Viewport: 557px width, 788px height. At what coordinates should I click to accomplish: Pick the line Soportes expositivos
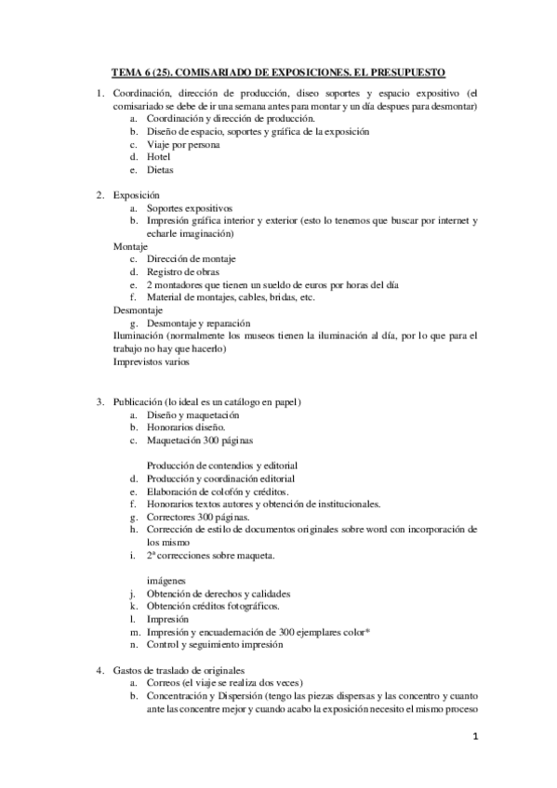point(189,208)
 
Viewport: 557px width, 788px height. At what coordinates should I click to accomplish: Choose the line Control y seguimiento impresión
point(214,645)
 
